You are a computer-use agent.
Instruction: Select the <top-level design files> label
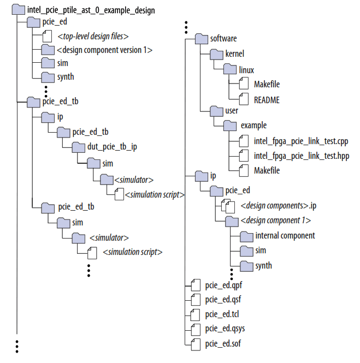click(x=93, y=37)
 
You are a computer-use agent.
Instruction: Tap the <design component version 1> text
click(x=104, y=50)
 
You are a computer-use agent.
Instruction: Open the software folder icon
click(x=202, y=39)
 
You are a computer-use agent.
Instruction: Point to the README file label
click(x=267, y=99)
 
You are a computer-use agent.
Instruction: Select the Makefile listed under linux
click(x=267, y=84)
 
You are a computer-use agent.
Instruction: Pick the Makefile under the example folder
click(x=267, y=170)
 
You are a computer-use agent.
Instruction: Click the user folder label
click(x=232, y=111)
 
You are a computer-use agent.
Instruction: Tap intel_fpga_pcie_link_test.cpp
click(x=301, y=141)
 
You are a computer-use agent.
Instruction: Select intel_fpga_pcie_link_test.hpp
click(x=301, y=156)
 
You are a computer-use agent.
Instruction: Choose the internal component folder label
click(x=285, y=236)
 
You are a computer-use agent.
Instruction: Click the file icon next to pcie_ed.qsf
click(x=196, y=300)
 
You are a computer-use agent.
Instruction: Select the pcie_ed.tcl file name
click(x=222, y=314)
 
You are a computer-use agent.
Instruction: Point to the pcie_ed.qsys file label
click(x=224, y=329)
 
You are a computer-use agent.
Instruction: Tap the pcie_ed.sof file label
click(x=222, y=343)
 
